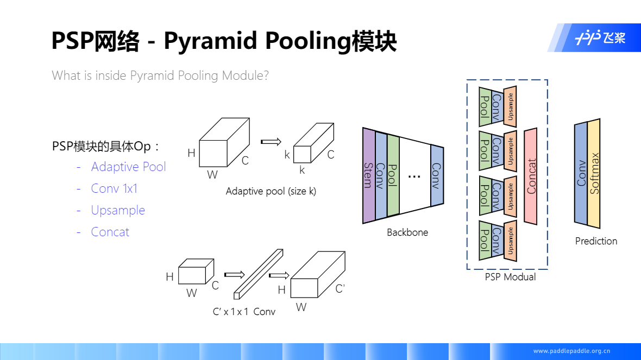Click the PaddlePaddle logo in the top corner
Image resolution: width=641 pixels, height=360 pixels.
[600, 38]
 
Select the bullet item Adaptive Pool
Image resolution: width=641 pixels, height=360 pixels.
[128, 167]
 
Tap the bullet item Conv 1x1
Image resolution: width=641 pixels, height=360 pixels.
[114, 188]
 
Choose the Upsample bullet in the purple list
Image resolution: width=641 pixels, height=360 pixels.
[118, 210]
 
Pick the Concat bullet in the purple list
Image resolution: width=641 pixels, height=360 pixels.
[110, 232]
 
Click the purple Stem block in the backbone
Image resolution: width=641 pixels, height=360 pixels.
[369, 175]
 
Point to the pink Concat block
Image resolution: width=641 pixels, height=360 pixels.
[531, 176]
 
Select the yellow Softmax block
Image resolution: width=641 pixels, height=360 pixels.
[594, 174]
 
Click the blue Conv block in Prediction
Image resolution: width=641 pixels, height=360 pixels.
[581, 174]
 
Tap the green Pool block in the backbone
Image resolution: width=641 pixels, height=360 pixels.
[393, 175]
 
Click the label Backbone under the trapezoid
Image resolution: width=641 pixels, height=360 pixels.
[407, 232]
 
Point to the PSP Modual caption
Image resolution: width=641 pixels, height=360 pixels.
[510, 277]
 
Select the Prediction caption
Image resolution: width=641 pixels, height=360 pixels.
[596, 241]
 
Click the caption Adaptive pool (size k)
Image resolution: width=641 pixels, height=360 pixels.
[271, 191]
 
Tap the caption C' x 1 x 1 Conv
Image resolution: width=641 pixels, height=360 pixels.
[244, 312]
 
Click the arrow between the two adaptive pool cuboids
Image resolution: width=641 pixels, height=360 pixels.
[270, 142]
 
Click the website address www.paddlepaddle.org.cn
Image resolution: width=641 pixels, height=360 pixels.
[571, 351]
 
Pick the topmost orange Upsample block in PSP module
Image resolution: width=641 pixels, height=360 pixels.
[510, 106]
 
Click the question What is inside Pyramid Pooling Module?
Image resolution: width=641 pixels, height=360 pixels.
[160, 75]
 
